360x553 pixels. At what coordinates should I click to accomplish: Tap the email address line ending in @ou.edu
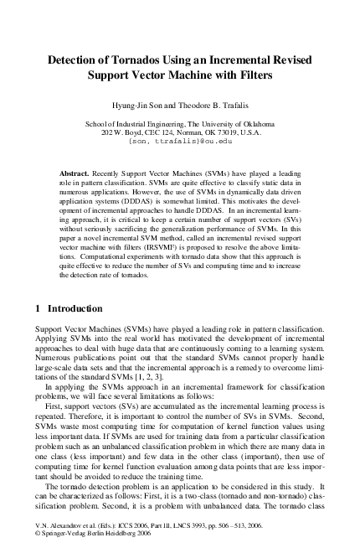(x=180, y=142)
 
